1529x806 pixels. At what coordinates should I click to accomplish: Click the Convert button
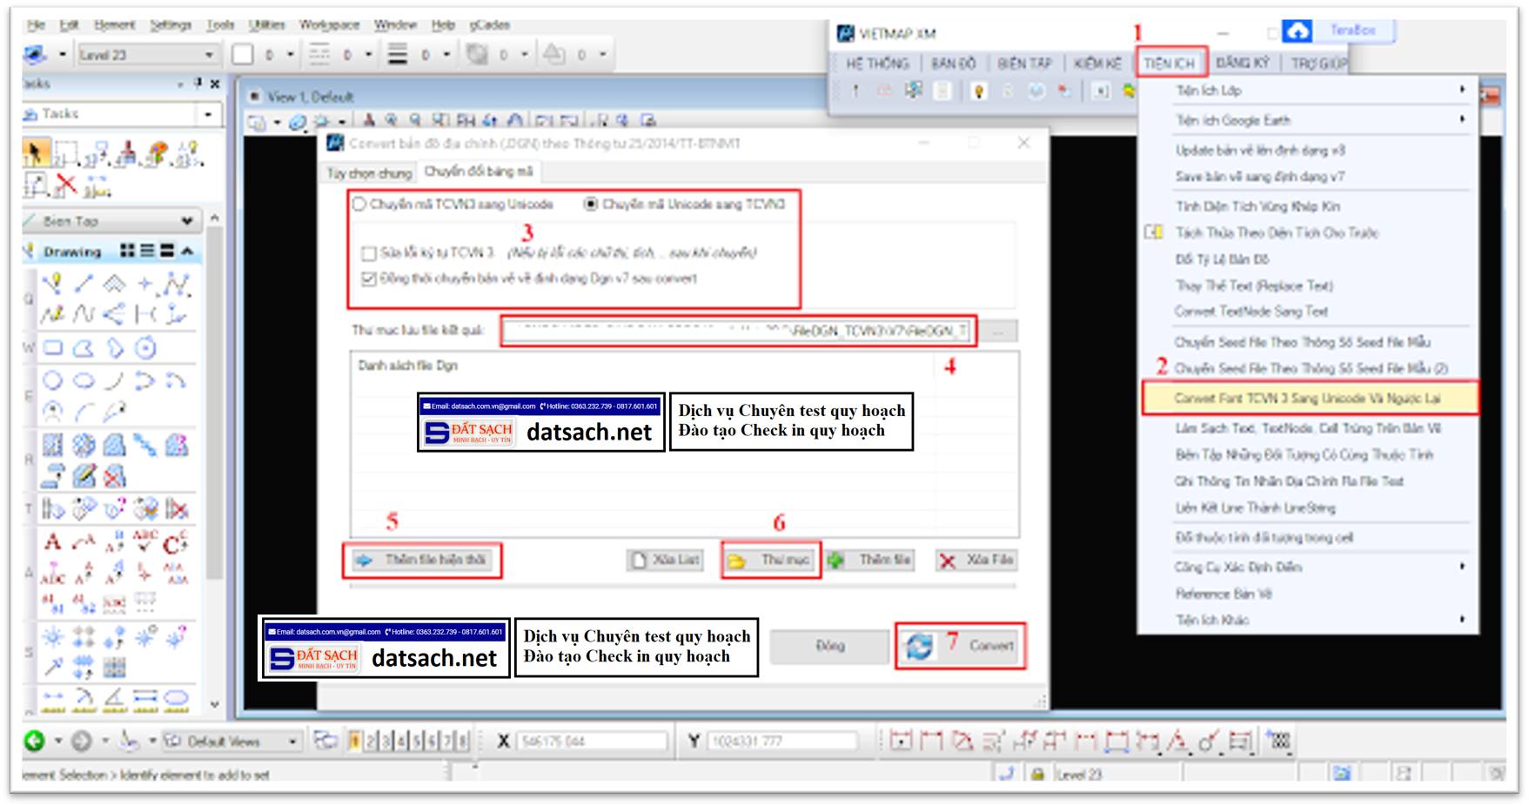coord(961,646)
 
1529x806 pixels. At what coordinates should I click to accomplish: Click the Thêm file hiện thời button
coord(423,560)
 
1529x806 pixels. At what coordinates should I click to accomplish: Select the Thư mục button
coord(771,560)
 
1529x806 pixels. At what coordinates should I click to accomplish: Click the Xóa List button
coord(666,560)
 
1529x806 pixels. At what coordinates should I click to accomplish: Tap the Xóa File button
coord(976,560)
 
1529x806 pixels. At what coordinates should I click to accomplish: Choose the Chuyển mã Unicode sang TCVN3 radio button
coord(592,205)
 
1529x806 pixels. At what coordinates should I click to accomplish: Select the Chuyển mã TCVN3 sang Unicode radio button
coord(359,205)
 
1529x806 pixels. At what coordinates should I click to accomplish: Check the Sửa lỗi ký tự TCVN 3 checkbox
coord(369,253)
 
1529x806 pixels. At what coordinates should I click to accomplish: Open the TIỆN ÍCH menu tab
coord(1170,64)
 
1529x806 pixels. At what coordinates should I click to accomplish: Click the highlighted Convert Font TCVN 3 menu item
coord(1308,399)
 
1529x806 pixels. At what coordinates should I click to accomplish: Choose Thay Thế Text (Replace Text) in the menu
coord(1253,285)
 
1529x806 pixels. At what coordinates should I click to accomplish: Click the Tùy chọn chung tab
coord(369,173)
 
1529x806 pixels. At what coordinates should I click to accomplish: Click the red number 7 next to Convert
coord(953,642)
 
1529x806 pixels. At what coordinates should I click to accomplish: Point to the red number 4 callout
coord(950,367)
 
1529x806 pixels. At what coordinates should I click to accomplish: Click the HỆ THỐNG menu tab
coord(877,64)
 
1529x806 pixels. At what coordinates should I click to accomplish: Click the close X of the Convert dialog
coord(1024,143)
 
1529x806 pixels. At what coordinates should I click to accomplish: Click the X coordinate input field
coord(592,742)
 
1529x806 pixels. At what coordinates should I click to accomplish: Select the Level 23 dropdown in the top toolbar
coord(146,55)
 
